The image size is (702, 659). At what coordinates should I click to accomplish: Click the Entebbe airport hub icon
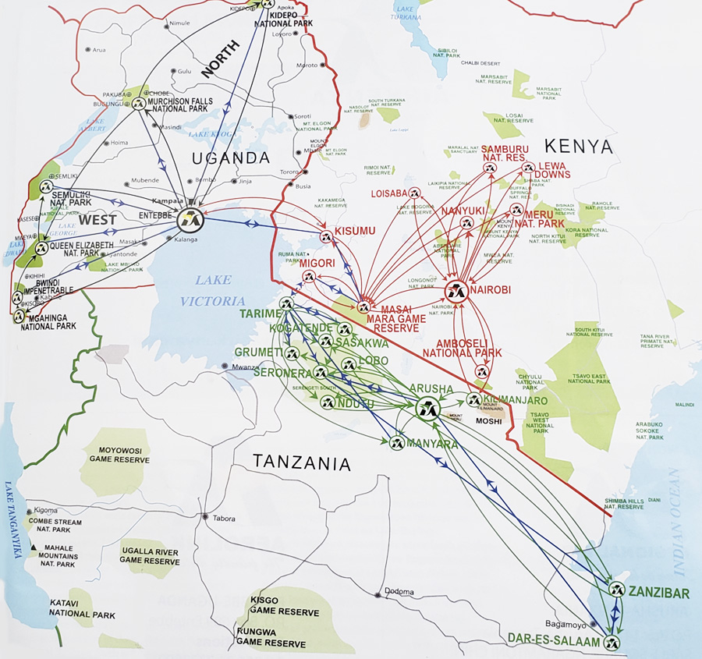tap(189, 220)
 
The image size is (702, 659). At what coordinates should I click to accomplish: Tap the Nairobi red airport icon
tap(457, 292)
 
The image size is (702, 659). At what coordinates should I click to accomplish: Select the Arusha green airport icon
tap(427, 407)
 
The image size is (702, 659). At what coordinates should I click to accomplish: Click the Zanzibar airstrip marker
tap(619, 590)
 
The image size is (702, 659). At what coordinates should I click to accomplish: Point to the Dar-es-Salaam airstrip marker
tap(612, 643)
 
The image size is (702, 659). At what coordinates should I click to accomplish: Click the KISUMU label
tap(356, 231)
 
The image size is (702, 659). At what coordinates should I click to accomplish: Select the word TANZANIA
tap(301, 463)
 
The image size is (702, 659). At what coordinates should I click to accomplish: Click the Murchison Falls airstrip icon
tap(139, 104)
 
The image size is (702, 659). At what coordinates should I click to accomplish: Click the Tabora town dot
tap(204, 517)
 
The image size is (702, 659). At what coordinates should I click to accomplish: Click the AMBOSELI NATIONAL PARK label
tap(462, 348)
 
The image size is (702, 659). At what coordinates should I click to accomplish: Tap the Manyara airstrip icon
tap(395, 443)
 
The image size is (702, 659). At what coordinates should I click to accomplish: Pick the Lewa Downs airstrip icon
tap(528, 167)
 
